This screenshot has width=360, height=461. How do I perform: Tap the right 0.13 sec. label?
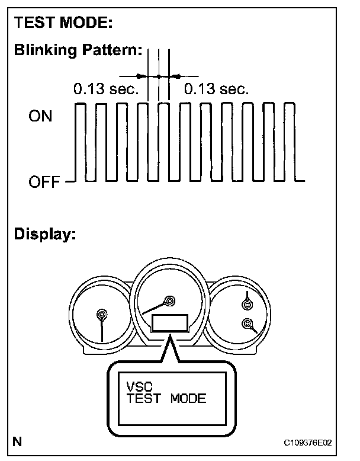[x=216, y=89]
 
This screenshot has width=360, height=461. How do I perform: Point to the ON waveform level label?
[x=40, y=116]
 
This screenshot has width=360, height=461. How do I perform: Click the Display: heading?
[x=46, y=235]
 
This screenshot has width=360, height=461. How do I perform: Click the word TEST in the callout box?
[x=143, y=398]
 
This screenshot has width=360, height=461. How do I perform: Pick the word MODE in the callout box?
[x=188, y=398]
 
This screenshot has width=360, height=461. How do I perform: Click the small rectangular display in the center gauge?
[x=171, y=323]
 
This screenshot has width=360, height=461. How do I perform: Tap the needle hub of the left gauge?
[x=102, y=314]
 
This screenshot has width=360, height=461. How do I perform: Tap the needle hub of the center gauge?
[x=171, y=301]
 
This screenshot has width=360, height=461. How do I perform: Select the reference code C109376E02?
[x=307, y=443]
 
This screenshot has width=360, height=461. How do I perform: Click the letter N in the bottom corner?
[x=19, y=441]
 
